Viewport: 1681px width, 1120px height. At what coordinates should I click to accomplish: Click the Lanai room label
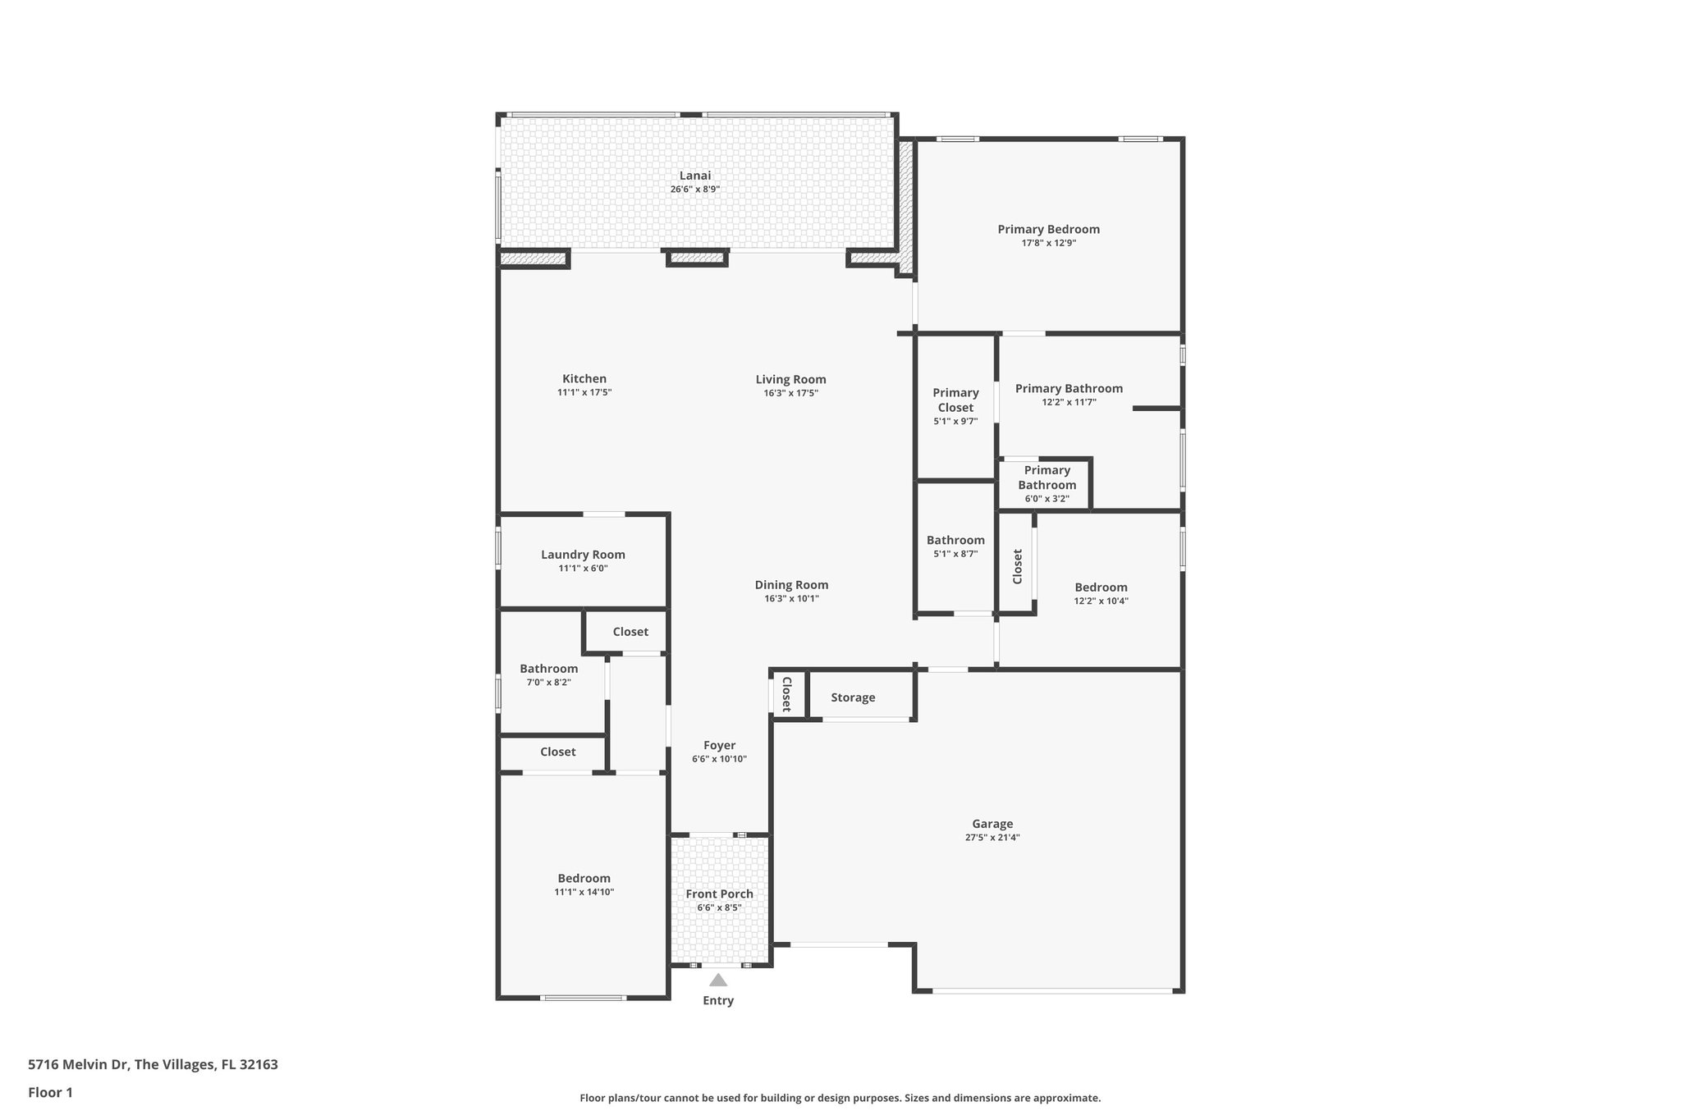(x=694, y=176)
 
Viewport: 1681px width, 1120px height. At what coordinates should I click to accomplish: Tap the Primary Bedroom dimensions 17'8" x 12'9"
(x=1048, y=243)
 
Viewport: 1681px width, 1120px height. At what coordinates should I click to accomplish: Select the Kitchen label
(x=584, y=379)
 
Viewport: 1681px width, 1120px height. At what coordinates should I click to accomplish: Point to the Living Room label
(x=790, y=379)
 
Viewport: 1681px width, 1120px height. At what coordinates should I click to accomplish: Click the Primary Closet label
(x=955, y=400)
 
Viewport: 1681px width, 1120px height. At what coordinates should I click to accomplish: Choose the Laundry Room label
(x=583, y=555)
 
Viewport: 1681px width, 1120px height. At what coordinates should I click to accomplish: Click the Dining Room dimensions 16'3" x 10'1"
(x=791, y=599)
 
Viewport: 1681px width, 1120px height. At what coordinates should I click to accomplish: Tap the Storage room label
(x=853, y=697)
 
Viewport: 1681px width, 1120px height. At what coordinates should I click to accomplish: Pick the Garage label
(x=992, y=824)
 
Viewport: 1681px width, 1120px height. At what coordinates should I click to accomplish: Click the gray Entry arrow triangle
(x=718, y=980)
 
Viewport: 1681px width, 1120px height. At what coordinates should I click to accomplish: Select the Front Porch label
(x=719, y=894)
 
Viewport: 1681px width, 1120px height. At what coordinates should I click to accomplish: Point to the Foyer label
(x=719, y=746)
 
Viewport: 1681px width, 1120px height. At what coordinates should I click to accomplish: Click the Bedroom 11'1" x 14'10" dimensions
(x=584, y=892)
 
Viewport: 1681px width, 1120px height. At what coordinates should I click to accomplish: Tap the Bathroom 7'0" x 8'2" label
(x=548, y=669)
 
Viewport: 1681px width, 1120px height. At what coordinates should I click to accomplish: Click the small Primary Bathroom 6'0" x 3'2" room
(x=1047, y=484)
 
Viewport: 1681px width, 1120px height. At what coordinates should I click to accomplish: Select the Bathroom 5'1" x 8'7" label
(x=955, y=540)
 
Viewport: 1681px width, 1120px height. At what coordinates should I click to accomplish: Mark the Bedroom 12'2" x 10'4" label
(x=1101, y=587)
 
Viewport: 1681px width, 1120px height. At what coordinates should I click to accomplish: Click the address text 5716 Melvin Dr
(x=79, y=1065)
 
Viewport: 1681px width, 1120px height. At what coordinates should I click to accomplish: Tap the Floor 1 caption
(x=50, y=1093)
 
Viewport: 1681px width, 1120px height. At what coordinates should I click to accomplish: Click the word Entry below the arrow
(x=718, y=1001)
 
